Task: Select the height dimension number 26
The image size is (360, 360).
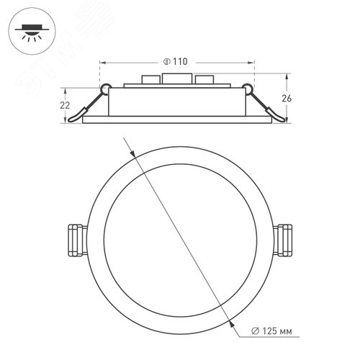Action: [x=297, y=98]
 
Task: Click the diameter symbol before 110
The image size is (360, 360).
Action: [x=166, y=63]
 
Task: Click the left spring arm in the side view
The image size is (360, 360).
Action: [x=89, y=104]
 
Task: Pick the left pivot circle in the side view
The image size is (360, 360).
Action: [x=105, y=89]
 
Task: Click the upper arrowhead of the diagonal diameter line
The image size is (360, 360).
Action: [x=135, y=153]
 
